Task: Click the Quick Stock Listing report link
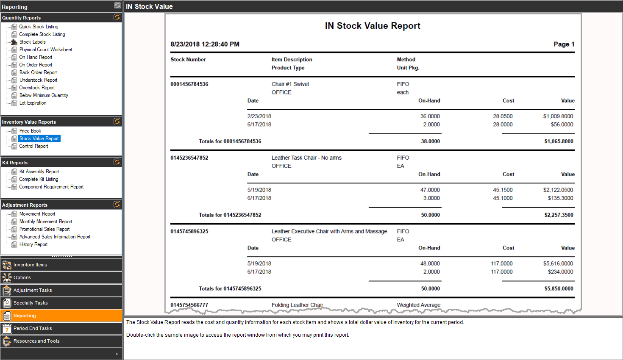point(39,27)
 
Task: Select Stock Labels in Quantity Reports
point(32,42)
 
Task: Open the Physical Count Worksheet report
point(45,50)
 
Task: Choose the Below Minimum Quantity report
point(43,95)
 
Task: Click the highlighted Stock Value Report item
point(39,138)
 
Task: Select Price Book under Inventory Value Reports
point(30,131)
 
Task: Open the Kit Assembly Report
point(39,172)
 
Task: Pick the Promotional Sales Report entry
point(44,229)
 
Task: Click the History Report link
point(33,244)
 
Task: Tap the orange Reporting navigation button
point(61,316)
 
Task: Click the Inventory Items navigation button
point(61,265)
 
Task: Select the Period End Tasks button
point(61,328)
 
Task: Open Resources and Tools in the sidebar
point(61,341)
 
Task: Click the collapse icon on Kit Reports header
point(117,162)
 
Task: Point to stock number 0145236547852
point(189,158)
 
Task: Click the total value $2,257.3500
point(559,215)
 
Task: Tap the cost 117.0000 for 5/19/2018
point(502,263)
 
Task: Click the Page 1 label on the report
point(564,44)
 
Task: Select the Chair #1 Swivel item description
point(290,84)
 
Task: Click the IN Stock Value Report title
point(373,26)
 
